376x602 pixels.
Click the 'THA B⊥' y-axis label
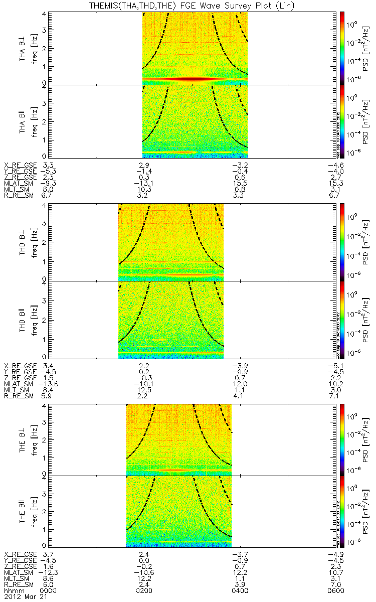[x=23, y=49]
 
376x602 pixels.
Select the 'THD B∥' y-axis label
[x=23, y=319]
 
